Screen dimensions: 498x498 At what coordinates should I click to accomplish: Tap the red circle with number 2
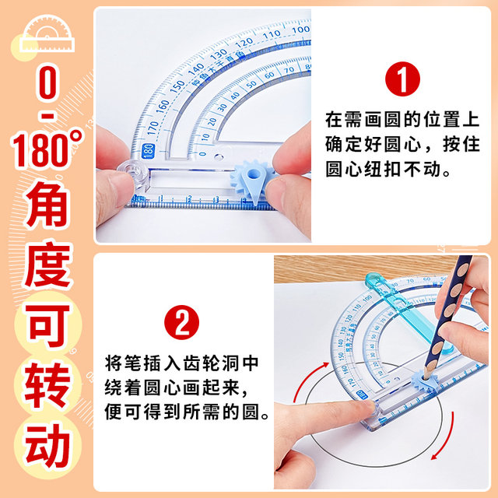pos(181,321)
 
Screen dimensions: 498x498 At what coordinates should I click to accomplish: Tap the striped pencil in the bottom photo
pos(452,311)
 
